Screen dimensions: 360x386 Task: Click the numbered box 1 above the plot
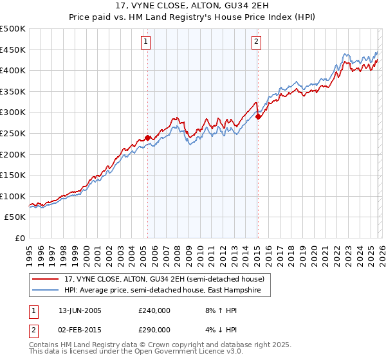click(146, 42)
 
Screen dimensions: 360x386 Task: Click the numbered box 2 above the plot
click(256, 42)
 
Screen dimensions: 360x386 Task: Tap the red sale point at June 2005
click(147, 138)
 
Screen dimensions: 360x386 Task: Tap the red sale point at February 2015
click(258, 116)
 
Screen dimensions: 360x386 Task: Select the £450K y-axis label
click(13, 50)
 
